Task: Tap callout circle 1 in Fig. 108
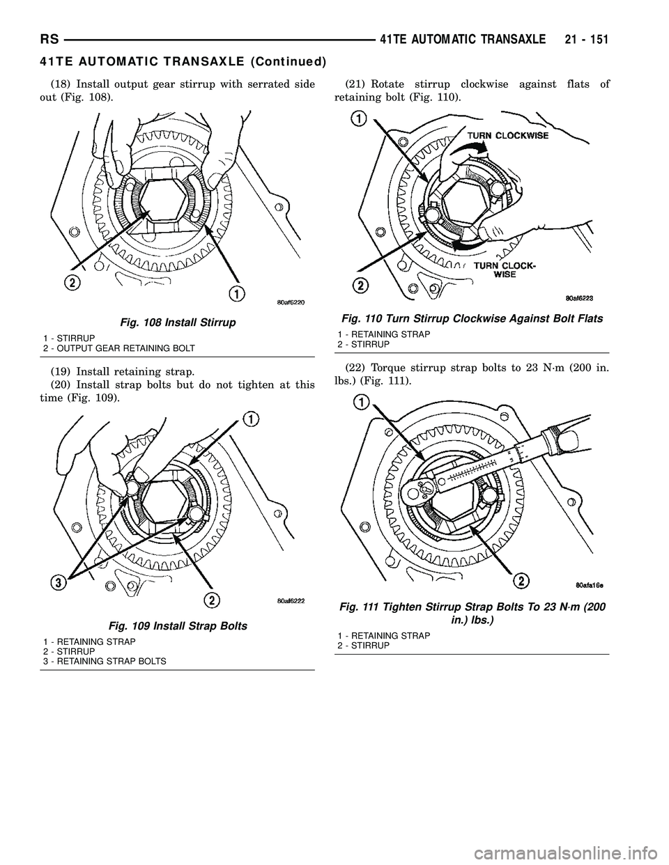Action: [x=239, y=295]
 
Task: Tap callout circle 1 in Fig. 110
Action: [x=359, y=119]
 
